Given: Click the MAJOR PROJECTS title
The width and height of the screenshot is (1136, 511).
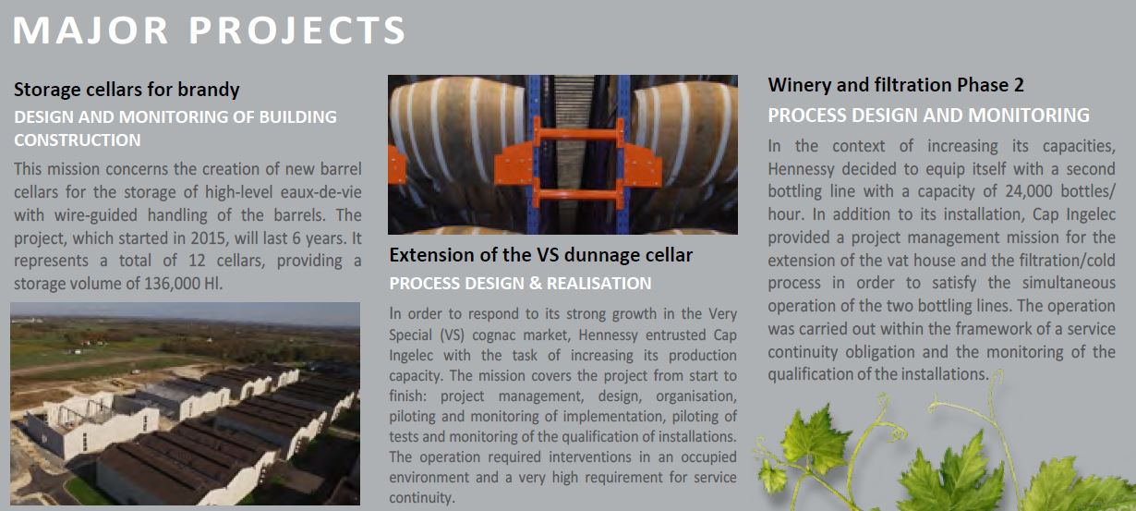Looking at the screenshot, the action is pyautogui.click(x=209, y=30).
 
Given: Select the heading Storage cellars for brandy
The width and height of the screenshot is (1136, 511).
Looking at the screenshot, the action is pyautogui.click(x=127, y=90).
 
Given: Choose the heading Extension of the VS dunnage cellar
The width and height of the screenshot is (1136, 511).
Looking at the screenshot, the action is pyautogui.click(x=541, y=255).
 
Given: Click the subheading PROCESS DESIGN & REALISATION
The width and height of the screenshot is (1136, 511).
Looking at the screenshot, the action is pyautogui.click(x=520, y=283).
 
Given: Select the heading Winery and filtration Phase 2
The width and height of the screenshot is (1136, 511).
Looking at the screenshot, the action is pyautogui.click(x=896, y=85).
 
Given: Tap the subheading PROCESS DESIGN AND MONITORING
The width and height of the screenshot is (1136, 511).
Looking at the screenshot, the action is pyautogui.click(x=928, y=116).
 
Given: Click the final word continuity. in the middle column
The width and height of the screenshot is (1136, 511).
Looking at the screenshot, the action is pyautogui.click(x=421, y=497).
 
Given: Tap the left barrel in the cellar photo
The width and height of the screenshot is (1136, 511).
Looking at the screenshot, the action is pyautogui.click(x=456, y=137).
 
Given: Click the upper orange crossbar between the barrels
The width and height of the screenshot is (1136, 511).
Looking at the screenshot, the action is pyautogui.click(x=577, y=135).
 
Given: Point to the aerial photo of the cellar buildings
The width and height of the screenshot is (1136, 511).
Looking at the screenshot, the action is pyautogui.click(x=185, y=404).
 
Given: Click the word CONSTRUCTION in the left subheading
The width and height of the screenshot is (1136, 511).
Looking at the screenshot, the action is pyautogui.click(x=77, y=140).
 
